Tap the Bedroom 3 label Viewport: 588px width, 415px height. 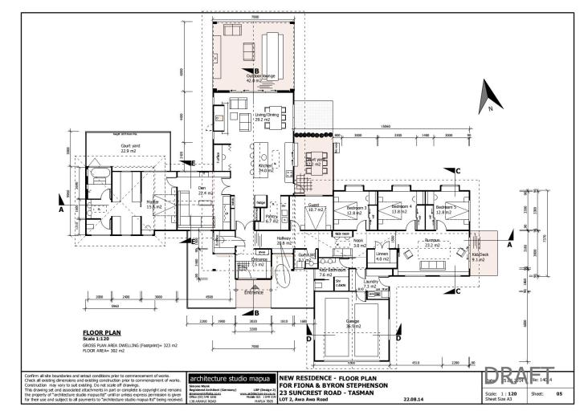pyautogui.click(x=356, y=210)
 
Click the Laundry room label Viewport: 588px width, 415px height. pyautogui.click(x=370, y=283)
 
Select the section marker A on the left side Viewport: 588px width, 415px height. pyautogui.click(x=60, y=209)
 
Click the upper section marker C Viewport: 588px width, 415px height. pyautogui.click(x=456, y=171)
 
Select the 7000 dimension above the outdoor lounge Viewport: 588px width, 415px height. pyautogui.click(x=254, y=16)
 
